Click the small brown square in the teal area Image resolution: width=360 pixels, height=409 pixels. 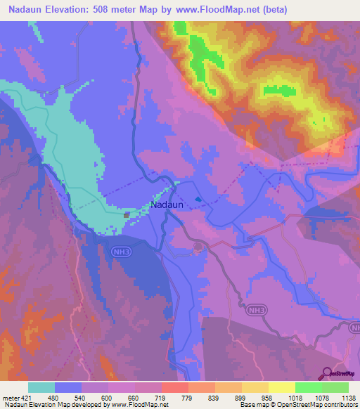click(126, 215)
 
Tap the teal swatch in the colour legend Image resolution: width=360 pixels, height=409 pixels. click(41, 387)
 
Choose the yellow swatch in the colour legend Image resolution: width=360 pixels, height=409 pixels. click(282, 387)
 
